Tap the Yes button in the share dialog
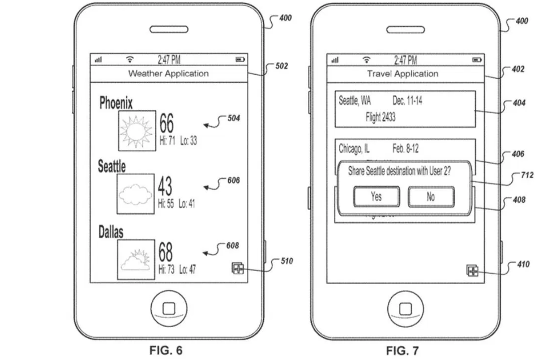(376, 196)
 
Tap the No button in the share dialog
(431, 196)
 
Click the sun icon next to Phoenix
(136, 131)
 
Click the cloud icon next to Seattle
(136, 192)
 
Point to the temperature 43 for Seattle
(166, 187)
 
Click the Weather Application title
(168, 74)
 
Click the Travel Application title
(403, 74)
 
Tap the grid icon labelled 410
(472, 271)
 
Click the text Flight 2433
(380, 118)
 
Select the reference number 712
(527, 175)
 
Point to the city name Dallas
(111, 232)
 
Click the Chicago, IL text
(354, 149)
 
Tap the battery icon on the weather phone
(240, 59)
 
